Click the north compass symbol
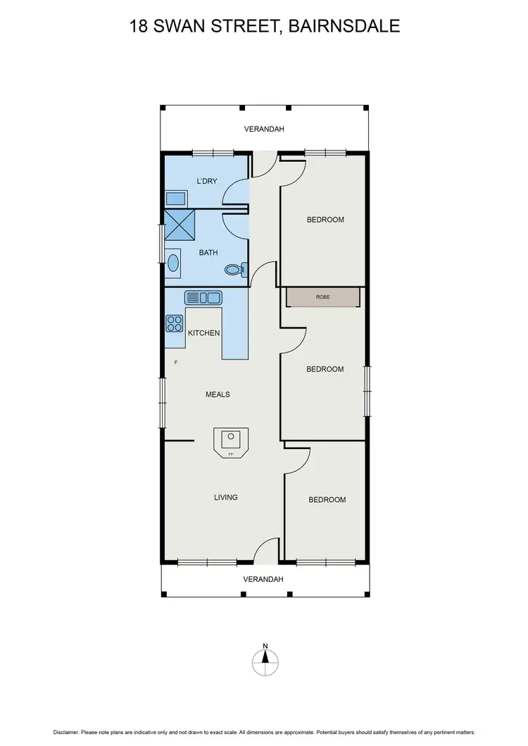[x=265, y=659]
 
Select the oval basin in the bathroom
[x=173, y=263]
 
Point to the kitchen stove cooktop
[x=174, y=323]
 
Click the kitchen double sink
[x=203, y=298]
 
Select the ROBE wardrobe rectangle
[x=323, y=297]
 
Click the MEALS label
[x=218, y=395]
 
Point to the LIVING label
[x=226, y=498]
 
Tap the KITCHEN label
[x=203, y=333]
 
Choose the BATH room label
[x=208, y=253]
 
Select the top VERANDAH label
[x=263, y=129]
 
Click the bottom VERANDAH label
[x=263, y=579]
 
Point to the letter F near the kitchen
[x=176, y=363]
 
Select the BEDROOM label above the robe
[x=325, y=220]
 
